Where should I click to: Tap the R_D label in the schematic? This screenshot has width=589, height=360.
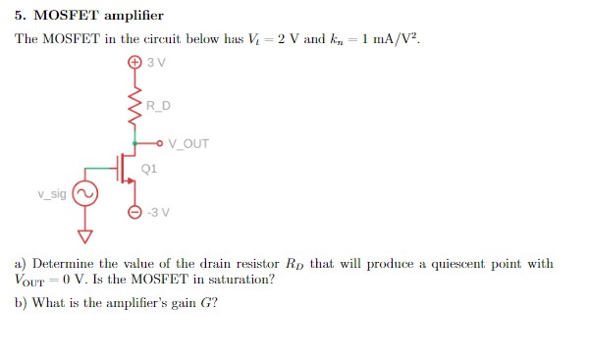[157, 106]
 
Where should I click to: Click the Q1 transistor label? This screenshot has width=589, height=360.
[149, 168]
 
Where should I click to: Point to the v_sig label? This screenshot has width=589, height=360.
[52, 194]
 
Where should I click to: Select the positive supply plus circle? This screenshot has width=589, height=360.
[134, 63]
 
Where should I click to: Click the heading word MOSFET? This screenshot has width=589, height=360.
[68, 16]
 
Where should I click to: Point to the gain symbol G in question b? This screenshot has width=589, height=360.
[207, 302]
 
